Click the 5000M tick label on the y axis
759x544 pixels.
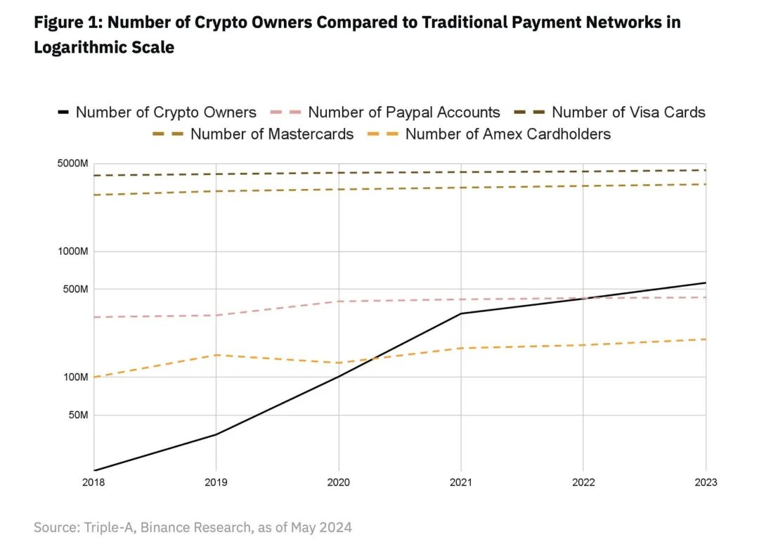click(72, 164)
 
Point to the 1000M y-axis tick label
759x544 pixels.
click(72, 252)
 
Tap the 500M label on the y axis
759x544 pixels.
click(74, 290)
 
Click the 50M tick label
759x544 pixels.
click(77, 415)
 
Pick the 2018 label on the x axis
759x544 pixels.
click(94, 482)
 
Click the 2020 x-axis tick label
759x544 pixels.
click(339, 482)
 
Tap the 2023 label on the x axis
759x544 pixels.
click(705, 482)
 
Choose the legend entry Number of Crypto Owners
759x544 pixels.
click(166, 112)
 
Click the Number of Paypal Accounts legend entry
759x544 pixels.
click(403, 112)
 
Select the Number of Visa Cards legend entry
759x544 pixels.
click(628, 112)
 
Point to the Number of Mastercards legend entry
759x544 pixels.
click(271, 134)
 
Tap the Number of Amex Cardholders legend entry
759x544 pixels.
click(507, 134)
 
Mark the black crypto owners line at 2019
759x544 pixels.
click(216, 434)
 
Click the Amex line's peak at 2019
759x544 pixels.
click(216, 355)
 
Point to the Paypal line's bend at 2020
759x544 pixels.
click(339, 302)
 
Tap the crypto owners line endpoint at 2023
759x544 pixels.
click(705, 283)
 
